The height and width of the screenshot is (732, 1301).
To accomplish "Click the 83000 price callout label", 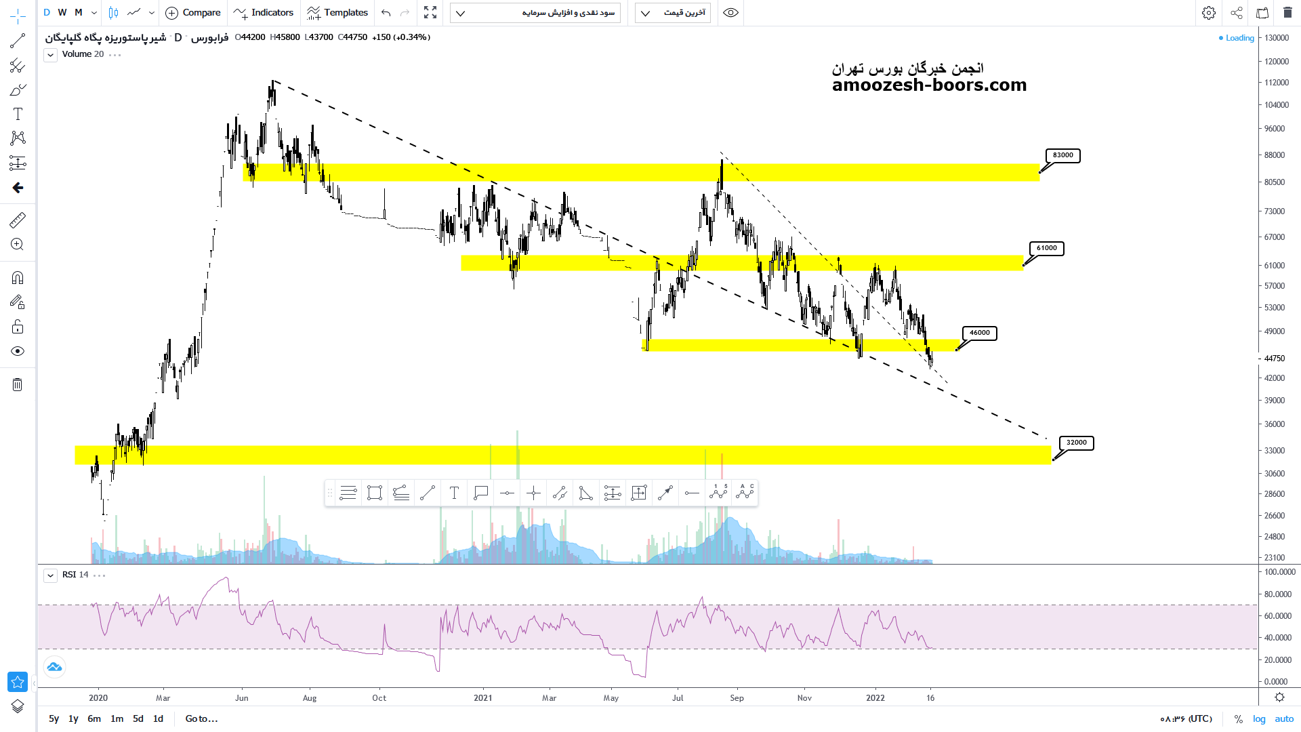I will point(1062,155).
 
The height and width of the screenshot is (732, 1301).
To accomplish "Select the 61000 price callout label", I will point(1046,248).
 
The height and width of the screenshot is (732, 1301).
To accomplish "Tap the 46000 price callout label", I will point(979,333).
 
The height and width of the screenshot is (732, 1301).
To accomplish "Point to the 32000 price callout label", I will point(1076,443).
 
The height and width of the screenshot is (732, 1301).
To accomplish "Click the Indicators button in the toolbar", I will point(264,12).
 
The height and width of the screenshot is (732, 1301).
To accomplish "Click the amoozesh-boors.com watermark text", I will point(929,85).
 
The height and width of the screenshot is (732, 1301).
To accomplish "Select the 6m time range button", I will point(94,718).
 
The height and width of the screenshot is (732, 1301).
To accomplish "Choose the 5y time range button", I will point(54,718).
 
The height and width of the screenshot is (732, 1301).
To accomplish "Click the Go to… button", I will point(201,718).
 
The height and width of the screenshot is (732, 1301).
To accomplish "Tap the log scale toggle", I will point(1259,718).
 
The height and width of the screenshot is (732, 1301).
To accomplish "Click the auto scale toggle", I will point(1284,718).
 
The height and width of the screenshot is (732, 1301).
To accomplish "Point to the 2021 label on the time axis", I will point(482,697).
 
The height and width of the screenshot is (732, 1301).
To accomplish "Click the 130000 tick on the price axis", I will point(1277,38).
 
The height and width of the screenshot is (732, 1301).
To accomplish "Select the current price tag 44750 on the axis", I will point(1275,358).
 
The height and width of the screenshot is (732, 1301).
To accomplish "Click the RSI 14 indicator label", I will point(75,575).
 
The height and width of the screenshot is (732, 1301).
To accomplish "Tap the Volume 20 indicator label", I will point(83,54).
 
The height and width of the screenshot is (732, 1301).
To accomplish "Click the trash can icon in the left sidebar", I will point(18,385).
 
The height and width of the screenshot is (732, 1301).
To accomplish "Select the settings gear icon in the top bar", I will point(1209,12).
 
